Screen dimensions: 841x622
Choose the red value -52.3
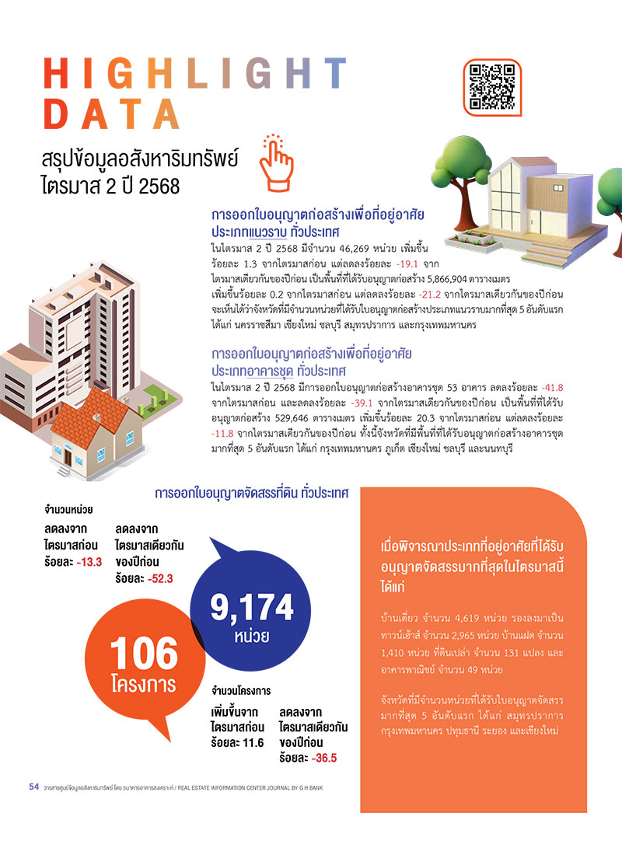click(x=159, y=578)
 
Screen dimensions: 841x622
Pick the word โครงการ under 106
click(x=143, y=686)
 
